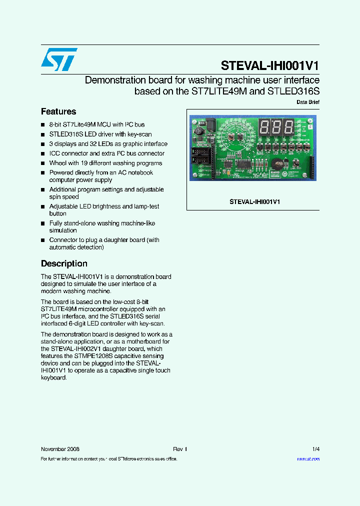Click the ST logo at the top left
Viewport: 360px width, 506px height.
[59, 59]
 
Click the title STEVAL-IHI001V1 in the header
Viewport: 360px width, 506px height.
[270, 66]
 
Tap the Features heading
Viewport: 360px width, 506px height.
[58, 111]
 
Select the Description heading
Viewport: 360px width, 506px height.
[64, 263]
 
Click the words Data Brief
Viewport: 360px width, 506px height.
[307, 102]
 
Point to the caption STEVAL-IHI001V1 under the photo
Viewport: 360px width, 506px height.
[254, 201]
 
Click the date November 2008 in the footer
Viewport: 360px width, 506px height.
[60, 449]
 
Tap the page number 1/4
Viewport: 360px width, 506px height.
[315, 449]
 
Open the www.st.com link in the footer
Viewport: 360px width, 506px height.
[308, 458]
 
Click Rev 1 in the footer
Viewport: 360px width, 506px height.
[180, 449]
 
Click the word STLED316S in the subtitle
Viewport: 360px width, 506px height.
[293, 91]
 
